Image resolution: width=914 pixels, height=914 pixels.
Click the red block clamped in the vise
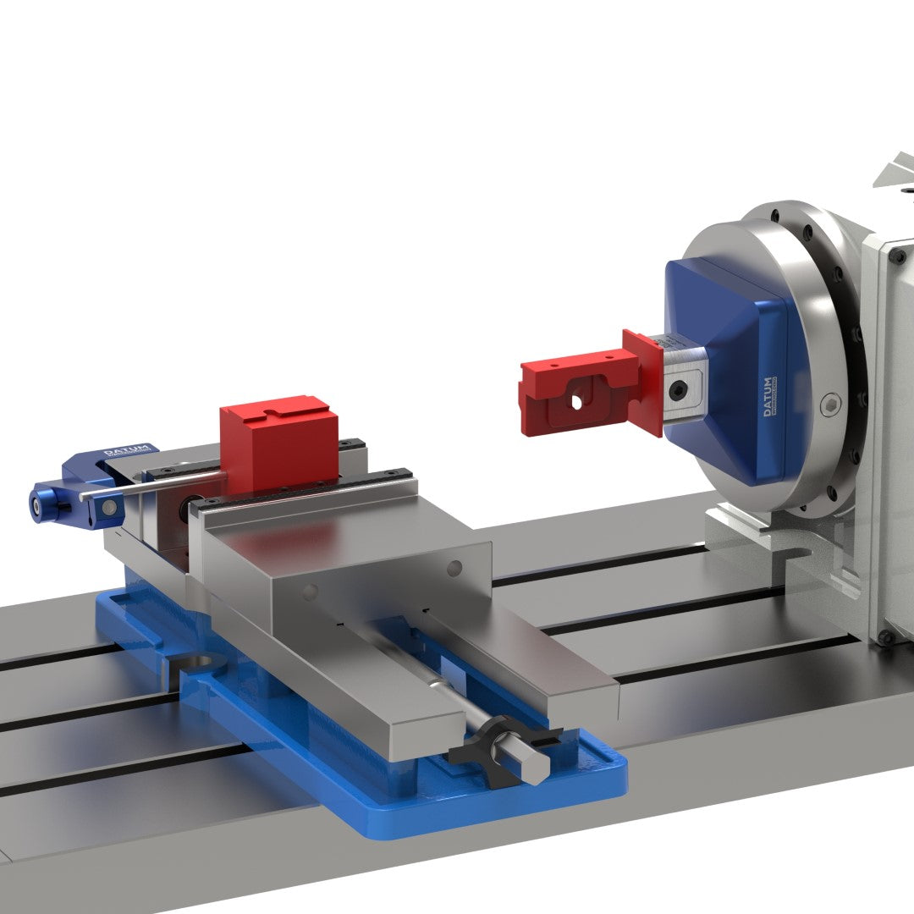[278, 449]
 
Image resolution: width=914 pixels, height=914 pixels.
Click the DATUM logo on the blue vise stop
[121, 451]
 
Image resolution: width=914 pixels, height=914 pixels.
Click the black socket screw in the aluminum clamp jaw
[679, 391]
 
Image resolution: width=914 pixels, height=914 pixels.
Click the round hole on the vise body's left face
[311, 589]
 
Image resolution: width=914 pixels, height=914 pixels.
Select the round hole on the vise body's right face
[454, 567]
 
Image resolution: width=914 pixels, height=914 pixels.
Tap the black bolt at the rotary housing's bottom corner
[885, 636]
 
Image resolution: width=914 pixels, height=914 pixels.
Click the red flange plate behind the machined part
[647, 381]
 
